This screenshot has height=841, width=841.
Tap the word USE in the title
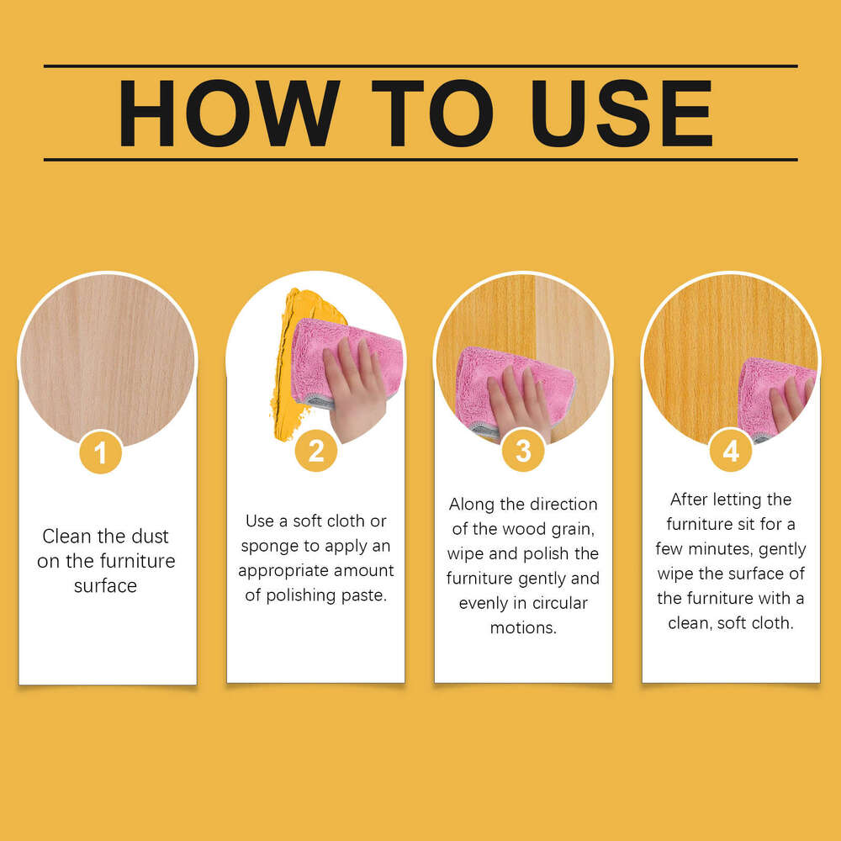coord(621,114)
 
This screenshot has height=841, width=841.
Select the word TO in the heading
coord(432,114)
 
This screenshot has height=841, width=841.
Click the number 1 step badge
coord(100,452)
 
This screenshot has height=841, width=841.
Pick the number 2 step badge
coord(316,451)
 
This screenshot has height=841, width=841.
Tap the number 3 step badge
coord(523,451)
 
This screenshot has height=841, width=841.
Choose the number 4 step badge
coord(731,451)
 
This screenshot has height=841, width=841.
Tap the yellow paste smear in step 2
coord(293,365)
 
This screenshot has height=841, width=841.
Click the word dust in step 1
coord(150,536)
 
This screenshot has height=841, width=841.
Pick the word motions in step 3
coord(523,627)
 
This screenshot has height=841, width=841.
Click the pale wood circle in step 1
coord(108,359)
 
